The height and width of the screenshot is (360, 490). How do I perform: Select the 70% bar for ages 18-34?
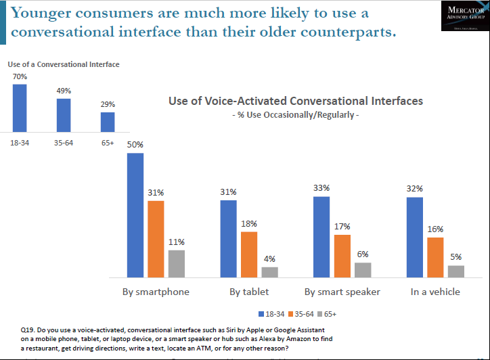pyautogui.click(x=20, y=108)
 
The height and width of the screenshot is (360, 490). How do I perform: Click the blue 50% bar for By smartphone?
pyautogui.click(x=135, y=215)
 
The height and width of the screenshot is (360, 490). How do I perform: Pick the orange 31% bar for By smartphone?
pyautogui.click(x=156, y=239)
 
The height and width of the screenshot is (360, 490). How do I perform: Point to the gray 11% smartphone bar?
pyautogui.click(x=177, y=263)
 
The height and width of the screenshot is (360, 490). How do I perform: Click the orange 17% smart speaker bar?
pyautogui.click(x=342, y=256)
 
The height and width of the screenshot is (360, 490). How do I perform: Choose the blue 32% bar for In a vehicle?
pyautogui.click(x=415, y=237)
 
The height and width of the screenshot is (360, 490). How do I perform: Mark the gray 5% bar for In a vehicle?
pyautogui.click(x=456, y=271)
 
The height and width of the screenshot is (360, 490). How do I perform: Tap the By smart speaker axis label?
pyautogui.click(x=342, y=292)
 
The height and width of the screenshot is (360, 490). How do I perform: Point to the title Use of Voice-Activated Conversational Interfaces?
pyautogui.click(x=295, y=101)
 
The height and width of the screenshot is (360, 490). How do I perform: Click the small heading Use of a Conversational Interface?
pyautogui.click(x=64, y=64)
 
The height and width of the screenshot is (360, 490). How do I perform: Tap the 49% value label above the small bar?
pyautogui.click(x=64, y=91)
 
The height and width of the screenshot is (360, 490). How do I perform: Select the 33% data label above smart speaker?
pyautogui.click(x=321, y=188)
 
